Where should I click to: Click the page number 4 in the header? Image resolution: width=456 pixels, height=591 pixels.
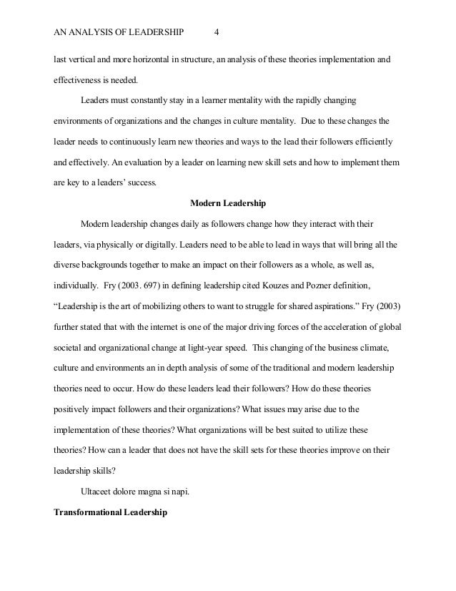point(217,33)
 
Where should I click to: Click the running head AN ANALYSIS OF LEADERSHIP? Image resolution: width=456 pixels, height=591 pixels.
point(119,33)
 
